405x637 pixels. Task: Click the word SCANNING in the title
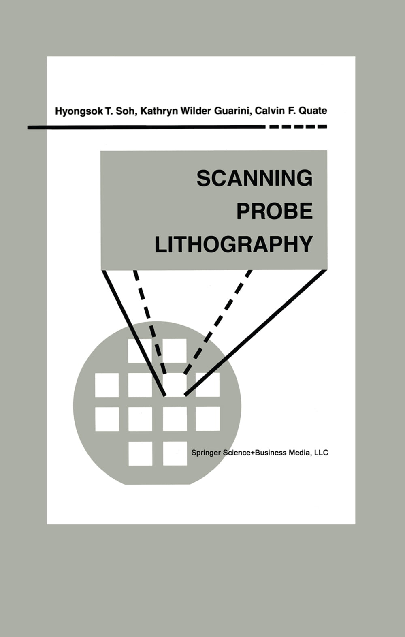click(x=255, y=178)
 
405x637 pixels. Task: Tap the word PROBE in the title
click(x=275, y=211)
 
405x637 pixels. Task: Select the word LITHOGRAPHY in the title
click(x=234, y=244)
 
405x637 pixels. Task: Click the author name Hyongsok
click(x=79, y=111)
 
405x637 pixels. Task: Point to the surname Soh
click(x=127, y=111)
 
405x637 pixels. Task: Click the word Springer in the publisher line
click(x=206, y=453)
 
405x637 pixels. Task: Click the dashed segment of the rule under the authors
click(x=298, y=127)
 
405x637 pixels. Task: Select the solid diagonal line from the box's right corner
click(x=256, y=333)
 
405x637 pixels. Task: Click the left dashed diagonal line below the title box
click(x=150, y=322)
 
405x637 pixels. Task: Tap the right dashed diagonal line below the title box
click(x=218, y=322)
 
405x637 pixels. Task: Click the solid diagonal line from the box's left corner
click(x=134, y=333)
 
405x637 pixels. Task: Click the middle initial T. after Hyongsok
click(x=109, y=111)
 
